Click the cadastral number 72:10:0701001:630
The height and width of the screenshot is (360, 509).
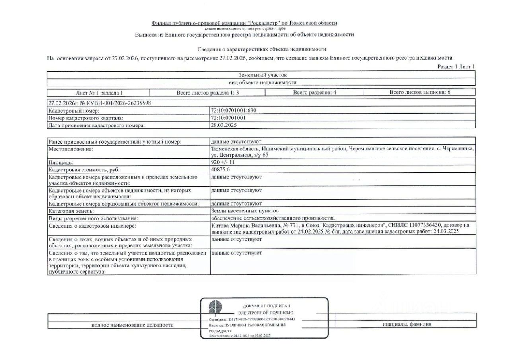point(236,110)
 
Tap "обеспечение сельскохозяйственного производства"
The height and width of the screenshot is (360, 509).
point(273,218)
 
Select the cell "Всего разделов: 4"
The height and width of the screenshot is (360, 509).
point(315,93)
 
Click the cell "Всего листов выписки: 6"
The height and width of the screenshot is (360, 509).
point(420,93)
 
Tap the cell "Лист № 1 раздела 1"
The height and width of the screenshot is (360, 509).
point(99,93)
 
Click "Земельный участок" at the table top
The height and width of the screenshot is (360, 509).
point(262,75)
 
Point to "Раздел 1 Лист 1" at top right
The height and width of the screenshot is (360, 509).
point(456,67)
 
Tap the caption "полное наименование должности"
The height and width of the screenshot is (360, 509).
point(132,325)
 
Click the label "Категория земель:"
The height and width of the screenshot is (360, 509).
point(71,210)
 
